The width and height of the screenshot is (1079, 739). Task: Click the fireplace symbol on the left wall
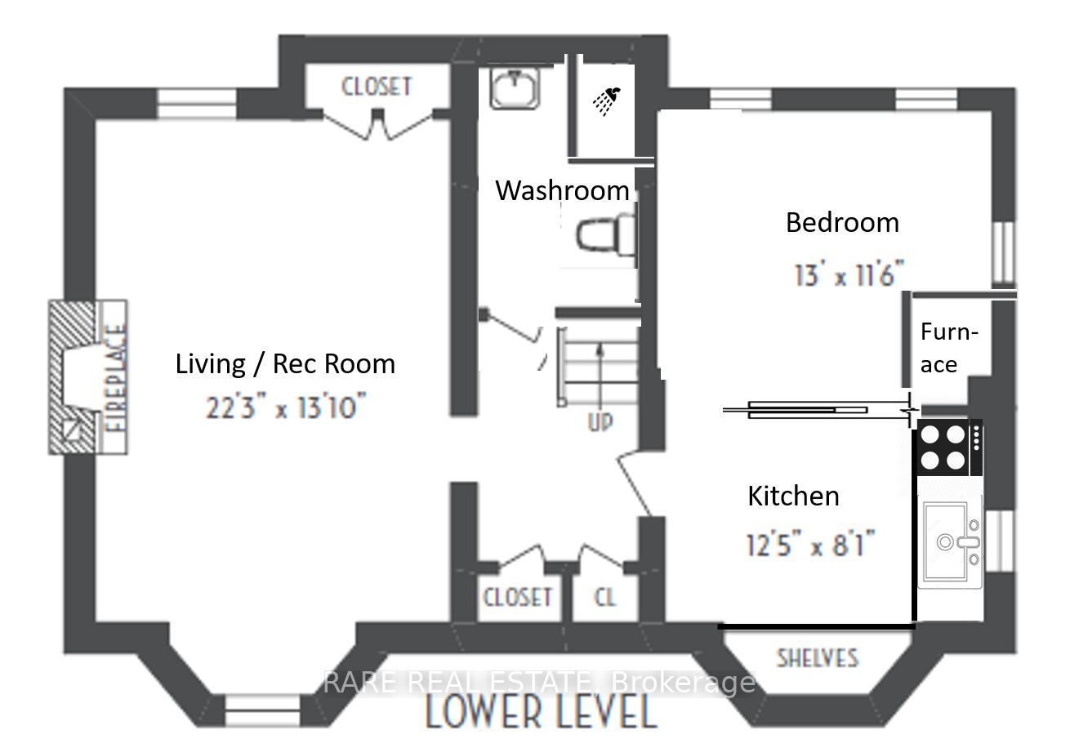[86, 377]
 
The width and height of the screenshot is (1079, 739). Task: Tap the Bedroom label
[841, 222]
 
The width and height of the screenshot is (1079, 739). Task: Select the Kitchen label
[793, 496]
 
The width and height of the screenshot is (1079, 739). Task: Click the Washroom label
[562, 190]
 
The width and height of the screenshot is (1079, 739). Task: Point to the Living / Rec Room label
[285, 363]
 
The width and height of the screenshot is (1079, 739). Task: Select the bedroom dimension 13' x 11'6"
[849, 274]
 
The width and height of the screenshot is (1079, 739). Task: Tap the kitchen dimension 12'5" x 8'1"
[810, 542]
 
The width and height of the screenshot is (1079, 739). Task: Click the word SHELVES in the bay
[817, 657]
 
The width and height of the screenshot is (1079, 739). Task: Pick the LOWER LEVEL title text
[541, 712]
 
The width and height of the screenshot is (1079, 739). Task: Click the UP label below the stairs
[600, 422]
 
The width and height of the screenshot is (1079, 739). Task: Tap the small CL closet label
[604, 597]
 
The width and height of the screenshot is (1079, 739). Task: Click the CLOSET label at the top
[377, 86]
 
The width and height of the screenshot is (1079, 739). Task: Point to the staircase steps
[598, 363]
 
